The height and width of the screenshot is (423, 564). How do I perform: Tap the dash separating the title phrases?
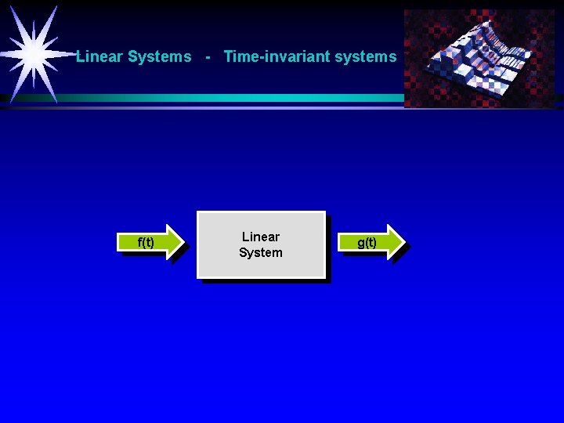207,56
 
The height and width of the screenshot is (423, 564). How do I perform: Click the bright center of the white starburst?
34,53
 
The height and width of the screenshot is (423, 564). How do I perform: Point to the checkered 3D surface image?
479,59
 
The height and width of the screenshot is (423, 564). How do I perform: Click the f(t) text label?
146,242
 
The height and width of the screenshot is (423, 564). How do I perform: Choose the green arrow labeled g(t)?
374,242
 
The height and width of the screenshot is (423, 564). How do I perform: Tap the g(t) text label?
367,243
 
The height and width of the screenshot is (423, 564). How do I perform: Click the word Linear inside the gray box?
261,237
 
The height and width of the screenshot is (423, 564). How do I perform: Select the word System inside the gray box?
261,252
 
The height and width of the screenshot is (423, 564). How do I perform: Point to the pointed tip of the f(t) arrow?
187,241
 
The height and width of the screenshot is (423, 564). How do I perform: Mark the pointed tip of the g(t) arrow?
407,241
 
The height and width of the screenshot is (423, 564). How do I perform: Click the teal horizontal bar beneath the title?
235,98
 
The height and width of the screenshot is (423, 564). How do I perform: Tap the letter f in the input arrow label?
139,242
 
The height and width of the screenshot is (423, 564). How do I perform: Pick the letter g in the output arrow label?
360,244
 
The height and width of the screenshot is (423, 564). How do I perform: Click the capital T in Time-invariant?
228,56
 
